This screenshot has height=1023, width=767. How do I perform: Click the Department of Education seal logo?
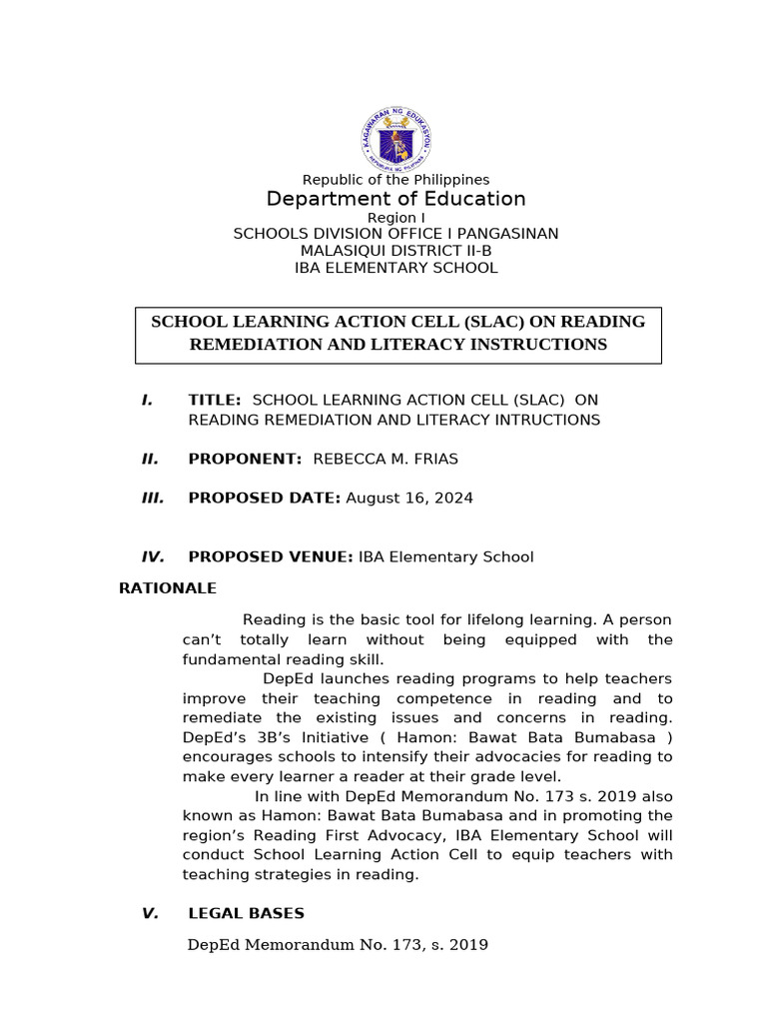click(396, 139)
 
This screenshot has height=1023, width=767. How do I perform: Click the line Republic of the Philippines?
click(396, 180)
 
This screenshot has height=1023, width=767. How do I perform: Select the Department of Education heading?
click(395, 199)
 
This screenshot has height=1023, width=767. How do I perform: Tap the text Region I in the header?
click(395, 218)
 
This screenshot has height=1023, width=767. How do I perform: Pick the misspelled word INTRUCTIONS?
click(540, 420)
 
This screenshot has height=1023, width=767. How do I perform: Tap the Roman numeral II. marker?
click(150, 459)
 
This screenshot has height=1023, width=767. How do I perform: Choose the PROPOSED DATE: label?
click(265, 498)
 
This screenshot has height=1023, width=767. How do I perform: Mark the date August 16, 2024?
click(409, 498)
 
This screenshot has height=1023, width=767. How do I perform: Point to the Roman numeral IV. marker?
click(153, 556)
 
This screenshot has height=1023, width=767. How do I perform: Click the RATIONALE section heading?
click(168, 588)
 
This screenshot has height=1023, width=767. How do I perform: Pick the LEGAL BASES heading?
click(247, 913)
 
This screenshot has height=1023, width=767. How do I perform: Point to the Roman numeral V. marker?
click(150, 913)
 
